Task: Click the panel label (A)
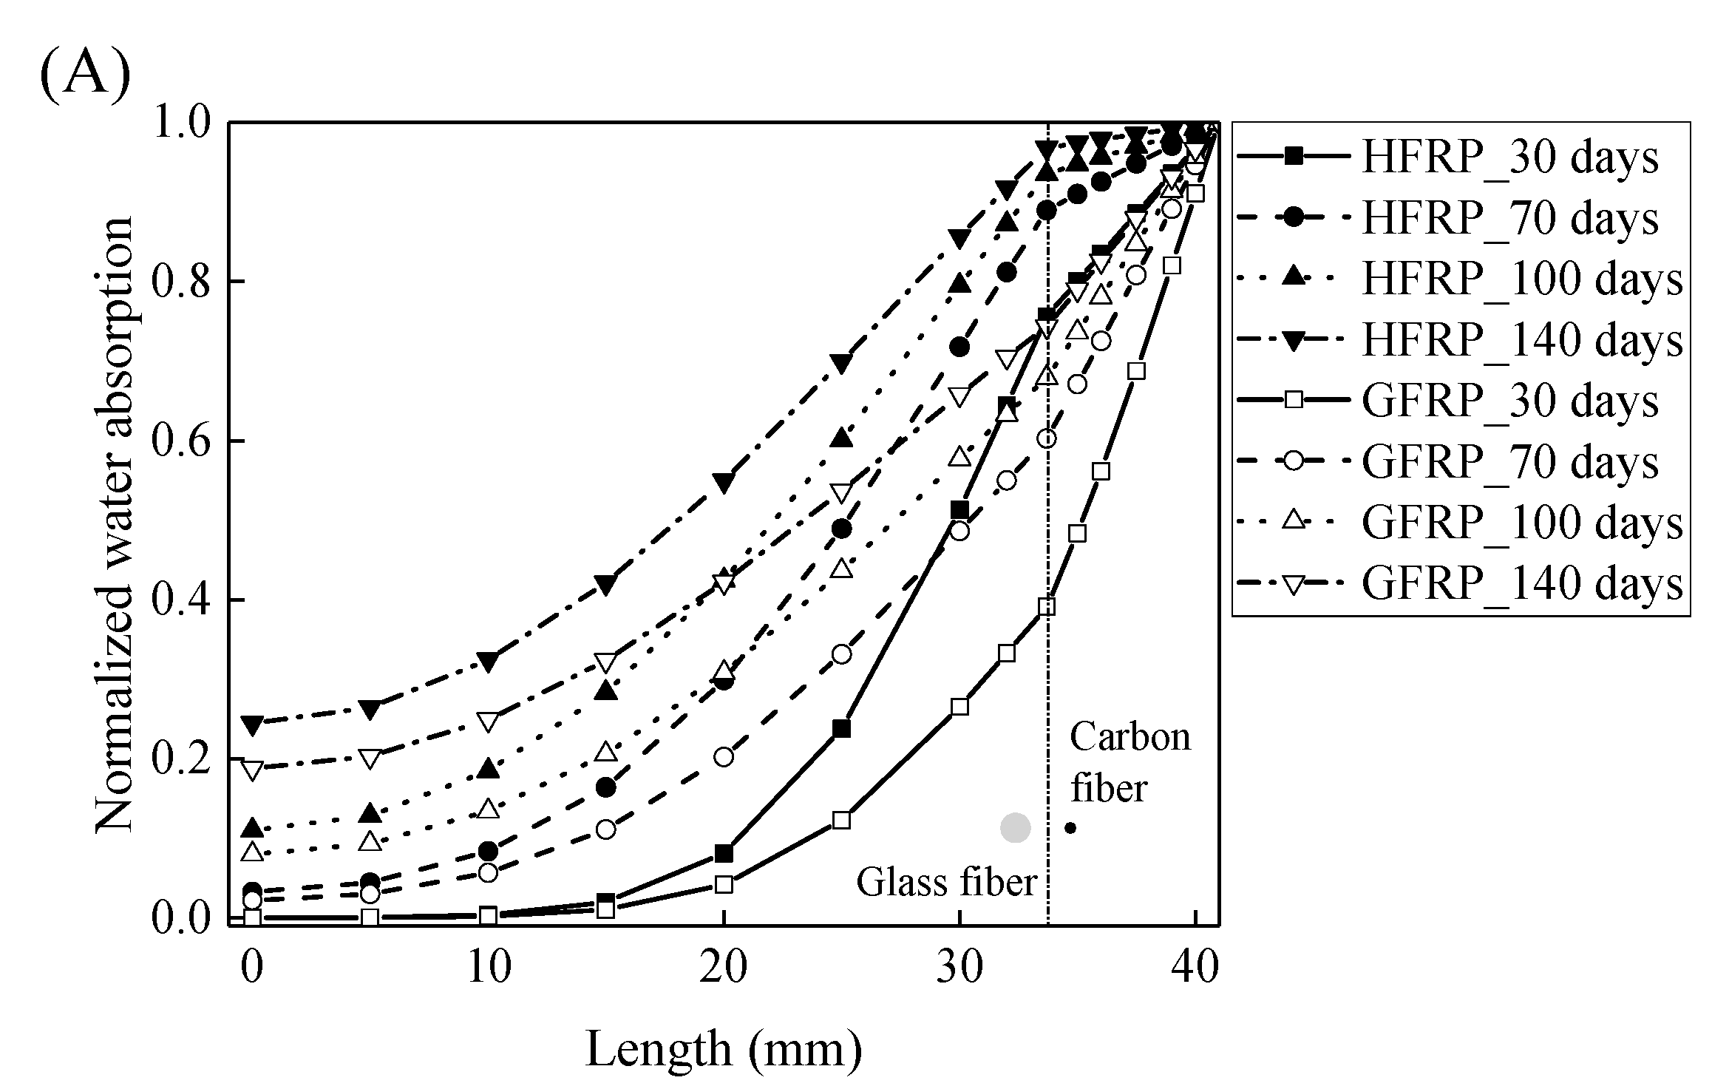click(84, 78)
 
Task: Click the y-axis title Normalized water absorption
click(115, 525)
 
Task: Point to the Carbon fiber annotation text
click(1129, 761)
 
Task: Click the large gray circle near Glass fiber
click(1015, 827)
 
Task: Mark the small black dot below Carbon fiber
click(1070, 828)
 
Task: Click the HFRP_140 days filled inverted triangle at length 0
click(253, 725)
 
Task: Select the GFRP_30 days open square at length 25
click(841, 820)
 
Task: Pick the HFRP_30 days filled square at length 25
click(841, 729)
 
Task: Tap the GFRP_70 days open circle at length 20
click(724, 756)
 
